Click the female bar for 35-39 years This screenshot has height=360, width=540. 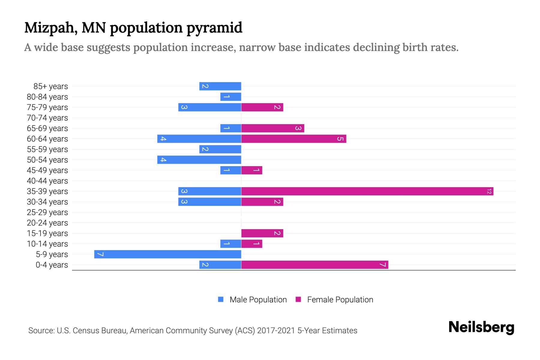click(x=367, y=191)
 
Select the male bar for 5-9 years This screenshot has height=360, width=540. click(x=168, y=254)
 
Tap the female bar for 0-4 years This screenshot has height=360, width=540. click(x=315, y=265)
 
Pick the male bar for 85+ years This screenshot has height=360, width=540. click(x=220, y=86)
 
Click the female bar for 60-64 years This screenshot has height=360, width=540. click(x=294, y=139)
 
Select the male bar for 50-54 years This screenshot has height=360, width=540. click(x=199, y=160)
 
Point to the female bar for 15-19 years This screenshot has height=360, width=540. click(x=262, y=233)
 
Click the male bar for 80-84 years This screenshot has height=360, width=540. click(x=231, y=97)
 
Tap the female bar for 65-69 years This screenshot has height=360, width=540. click(x=273, y=128)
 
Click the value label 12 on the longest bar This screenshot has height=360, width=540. click(x=489, y=191)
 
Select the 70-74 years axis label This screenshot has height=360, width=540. click(x=47, y=118)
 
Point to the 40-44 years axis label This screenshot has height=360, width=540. click(x=47, y=181)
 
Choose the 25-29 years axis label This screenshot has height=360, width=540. click(x=47, y=212)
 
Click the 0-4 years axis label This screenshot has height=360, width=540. click(x=52, y=265)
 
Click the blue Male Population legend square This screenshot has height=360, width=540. click(x=221, y=299)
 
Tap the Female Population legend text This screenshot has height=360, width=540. click(x=340, y=300)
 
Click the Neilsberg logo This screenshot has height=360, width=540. click(x=481, y=327)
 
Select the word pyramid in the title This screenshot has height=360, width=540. click(x=214, y=28)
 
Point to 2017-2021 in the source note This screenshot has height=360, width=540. click(x=276, y=331)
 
